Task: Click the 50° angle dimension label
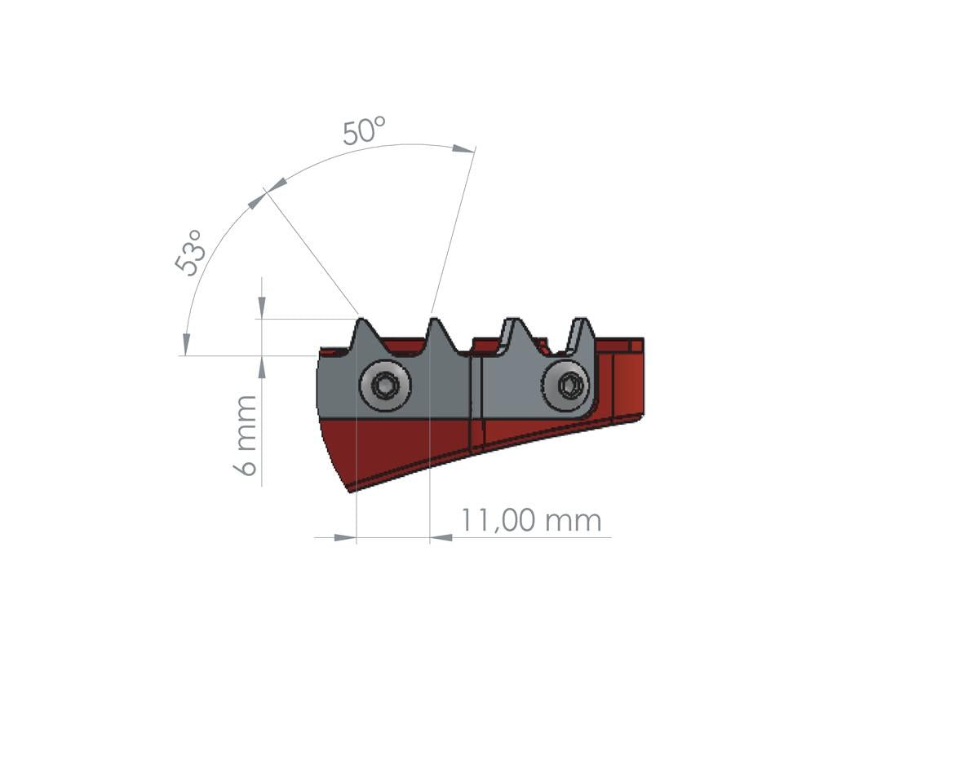(x=363, y=131)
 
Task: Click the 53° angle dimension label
(x=191, y=253)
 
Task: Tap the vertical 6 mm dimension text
(x=246, y=435)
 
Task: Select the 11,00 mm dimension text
(x=530, y=520)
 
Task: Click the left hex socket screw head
(x=385, y=385)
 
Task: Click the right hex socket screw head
(x=569, y=385)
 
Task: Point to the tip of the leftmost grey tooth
(x=361, y=320)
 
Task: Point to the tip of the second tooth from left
(x=433, y=320)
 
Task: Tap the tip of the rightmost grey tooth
(x=580, y=320)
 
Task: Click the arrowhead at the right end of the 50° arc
(x=463, y=148)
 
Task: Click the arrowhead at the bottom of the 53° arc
(x=186, y=344)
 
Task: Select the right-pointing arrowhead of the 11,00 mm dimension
(x=345, y=537)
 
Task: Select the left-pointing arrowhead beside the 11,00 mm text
(x=441, y=537)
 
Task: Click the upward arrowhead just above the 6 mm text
(x=261, y=368)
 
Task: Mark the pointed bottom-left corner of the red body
(x=351, y=490)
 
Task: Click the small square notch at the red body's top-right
(x=637, y=346)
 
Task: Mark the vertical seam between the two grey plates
(x=472, y=387)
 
